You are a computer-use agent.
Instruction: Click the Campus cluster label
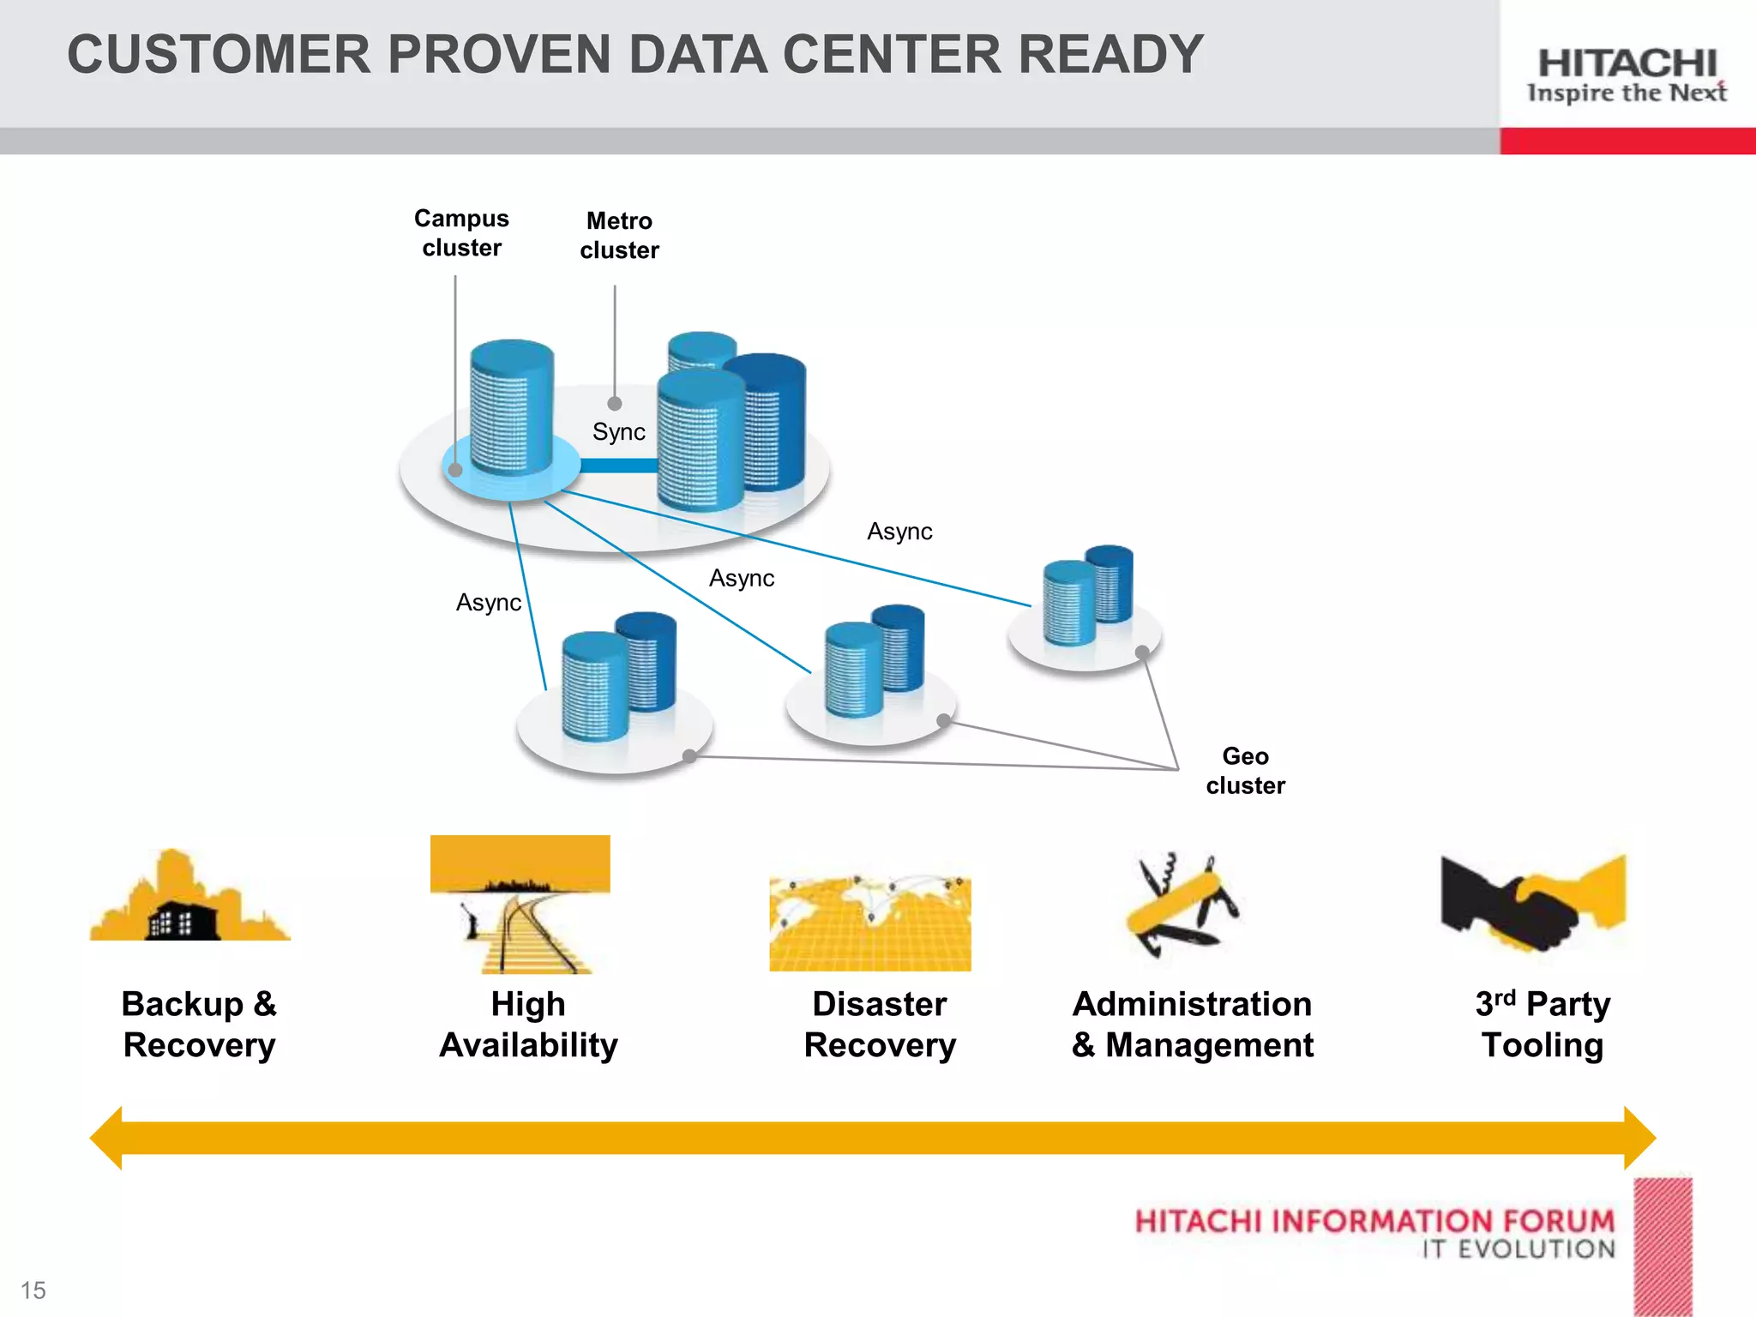[x=461, y=233]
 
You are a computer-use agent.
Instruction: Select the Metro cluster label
[x=619, y=236]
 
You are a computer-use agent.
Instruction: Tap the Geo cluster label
[x=1245, y=771]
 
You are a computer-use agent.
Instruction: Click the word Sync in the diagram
[x=618, y=432]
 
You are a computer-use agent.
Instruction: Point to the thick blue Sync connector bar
[x=618, y=466]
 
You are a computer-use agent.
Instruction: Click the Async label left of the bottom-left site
[x=488, y=603]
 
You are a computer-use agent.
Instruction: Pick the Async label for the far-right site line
[x=899, y=532]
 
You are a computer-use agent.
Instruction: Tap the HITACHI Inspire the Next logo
[x=1627, y=75]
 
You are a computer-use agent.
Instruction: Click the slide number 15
[x=33, y=1290]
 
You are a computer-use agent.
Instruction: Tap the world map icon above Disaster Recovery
[x=869, y=923]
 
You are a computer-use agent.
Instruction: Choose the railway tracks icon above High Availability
[x=520, y=905]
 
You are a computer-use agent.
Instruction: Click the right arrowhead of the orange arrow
[x=1639, y=1138]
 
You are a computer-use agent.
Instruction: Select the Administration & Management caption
[x=1192, y=1025]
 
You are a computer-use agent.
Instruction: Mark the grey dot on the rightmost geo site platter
[x=1142, y=652]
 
